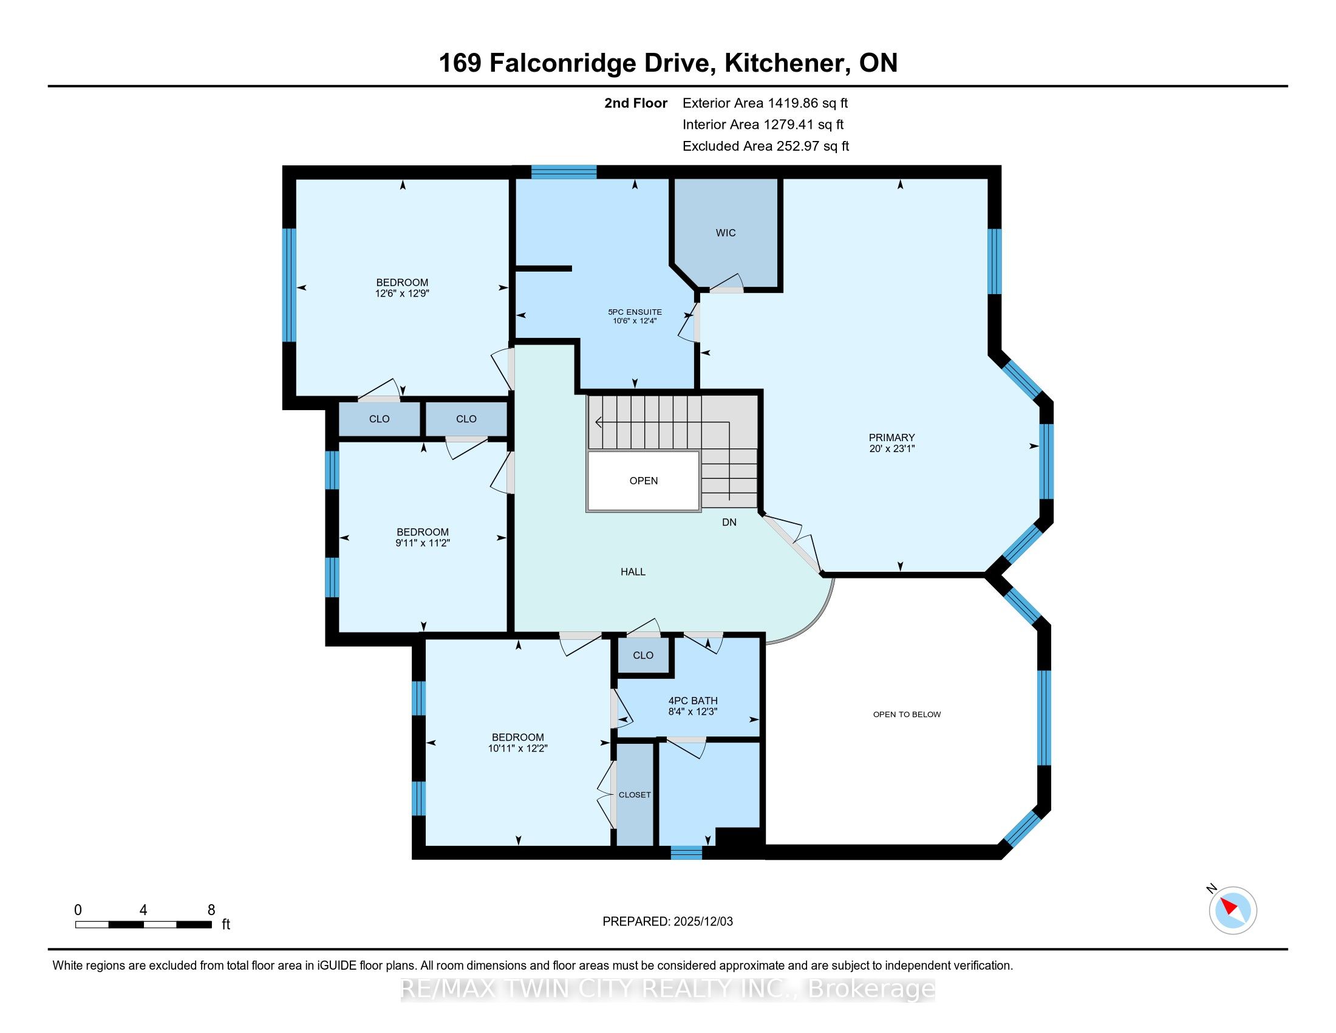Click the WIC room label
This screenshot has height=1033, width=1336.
(726, 233)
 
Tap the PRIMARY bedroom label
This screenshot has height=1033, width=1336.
(892, 438)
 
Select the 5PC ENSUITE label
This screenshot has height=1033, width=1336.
(635, 312)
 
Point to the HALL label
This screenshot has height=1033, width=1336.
(633, 572)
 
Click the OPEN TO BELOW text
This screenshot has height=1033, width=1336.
(907, 714)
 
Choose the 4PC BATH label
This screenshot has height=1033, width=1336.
(693, 701)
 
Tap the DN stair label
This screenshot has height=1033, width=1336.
(729, 522)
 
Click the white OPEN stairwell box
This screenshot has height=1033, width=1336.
(644, 481)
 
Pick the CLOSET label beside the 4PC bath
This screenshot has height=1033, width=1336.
(635, 794)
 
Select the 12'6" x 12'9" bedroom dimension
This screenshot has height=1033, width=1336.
(402, 293)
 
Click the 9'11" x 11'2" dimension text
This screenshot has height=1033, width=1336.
(423, 543)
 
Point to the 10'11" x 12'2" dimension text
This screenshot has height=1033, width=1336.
(517, 748)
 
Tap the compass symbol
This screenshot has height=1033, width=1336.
(1233, 910)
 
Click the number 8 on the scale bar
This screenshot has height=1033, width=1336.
(211, 910)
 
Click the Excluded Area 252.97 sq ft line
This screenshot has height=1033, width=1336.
(766, 146)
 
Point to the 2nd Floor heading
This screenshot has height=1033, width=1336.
(636, 103)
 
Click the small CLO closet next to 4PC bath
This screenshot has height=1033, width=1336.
(644, 656)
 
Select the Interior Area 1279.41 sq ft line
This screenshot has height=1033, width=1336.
(763, 125)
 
